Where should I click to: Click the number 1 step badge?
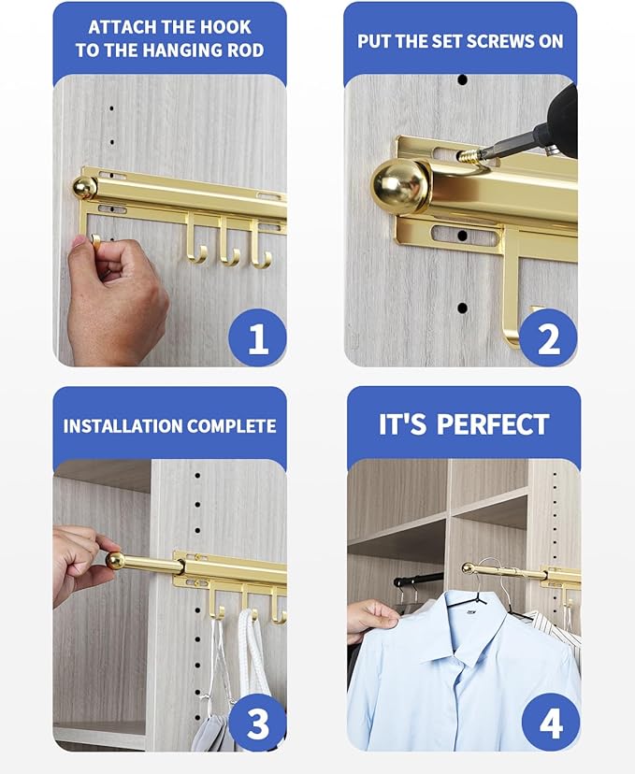click(256, 337)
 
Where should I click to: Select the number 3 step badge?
click(256, 723)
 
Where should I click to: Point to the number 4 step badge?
click(550, 723)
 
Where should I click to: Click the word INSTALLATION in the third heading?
click(123, 426)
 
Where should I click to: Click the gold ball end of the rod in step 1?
click(85, 188)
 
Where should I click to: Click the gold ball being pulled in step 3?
click(115, 560)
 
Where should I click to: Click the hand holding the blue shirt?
click(371, 618)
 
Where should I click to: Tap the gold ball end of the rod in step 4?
click(468, 568)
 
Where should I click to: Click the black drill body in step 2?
click(561, 117)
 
